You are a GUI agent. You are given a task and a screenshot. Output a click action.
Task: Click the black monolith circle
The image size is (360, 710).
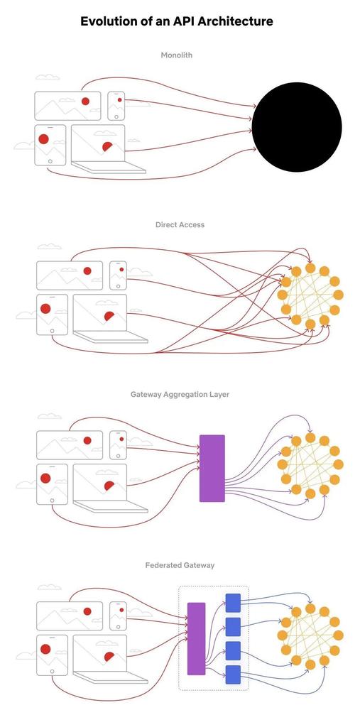pyautogui.click(x=297, y=127)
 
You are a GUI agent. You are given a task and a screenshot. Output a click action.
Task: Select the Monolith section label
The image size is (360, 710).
pyautogui.click(x=177, y=55)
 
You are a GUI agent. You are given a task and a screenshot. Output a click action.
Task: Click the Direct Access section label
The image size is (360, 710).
pyautogui.click(x=180, y=224)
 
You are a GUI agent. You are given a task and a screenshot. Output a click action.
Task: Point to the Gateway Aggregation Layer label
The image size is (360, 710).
pyautogui.click(x=180, y=394)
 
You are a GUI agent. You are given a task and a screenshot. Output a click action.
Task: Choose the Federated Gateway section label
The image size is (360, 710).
pyautogui.click(x=180, y=565)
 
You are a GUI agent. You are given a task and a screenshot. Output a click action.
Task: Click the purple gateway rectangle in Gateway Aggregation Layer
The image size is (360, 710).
pyautogui.click(x=212, y=468)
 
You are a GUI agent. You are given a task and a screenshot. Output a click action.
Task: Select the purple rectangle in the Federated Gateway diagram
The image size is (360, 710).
pyautogui.click(x=196, y=638)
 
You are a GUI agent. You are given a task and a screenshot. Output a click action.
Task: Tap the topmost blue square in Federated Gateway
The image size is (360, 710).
pyautogui.click(x=233, y=602)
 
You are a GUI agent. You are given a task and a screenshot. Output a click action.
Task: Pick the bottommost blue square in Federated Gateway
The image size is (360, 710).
pyautogui.click(x=233, y=674)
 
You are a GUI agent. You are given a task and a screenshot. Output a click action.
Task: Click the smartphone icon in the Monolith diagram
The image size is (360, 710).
pyautogui.click(x=116, y=106)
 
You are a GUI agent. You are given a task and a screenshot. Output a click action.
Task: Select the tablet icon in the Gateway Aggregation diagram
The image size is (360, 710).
pyautogui.click(x=52, y=484)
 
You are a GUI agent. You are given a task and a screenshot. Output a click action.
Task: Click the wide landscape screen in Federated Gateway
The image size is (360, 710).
pyautogui.click(x=70, y=615)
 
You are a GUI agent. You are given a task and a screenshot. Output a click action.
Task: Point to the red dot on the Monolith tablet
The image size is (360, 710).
pyautogui.click(x=43, y=138)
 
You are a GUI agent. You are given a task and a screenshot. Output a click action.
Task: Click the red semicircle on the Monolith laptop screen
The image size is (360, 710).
pyautogui.click(x=108, y=147)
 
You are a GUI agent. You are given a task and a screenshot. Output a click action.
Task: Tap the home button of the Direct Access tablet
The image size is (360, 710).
pyautogui.click(x=52, y=331)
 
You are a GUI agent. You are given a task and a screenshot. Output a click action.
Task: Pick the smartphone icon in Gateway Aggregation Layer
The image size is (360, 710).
pyautogui.click(x=118, y=445)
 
